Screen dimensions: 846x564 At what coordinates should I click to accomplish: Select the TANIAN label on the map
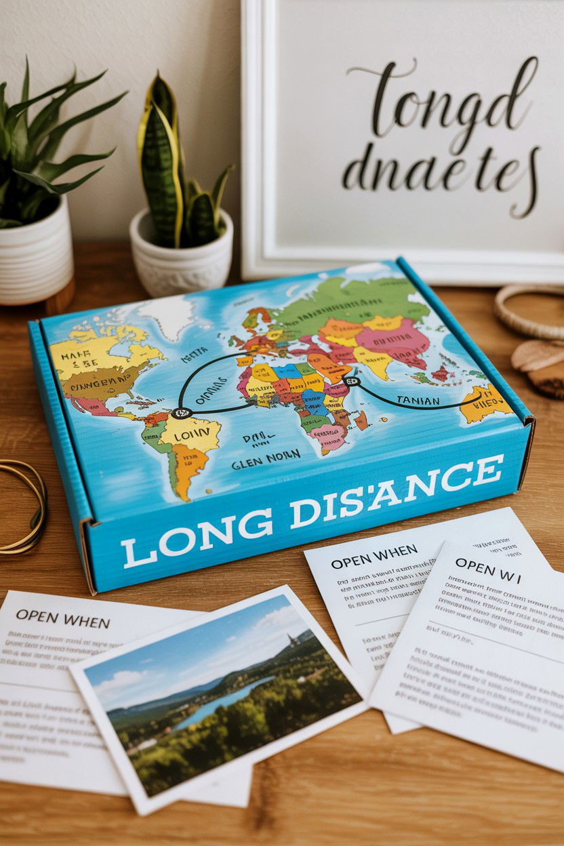418,400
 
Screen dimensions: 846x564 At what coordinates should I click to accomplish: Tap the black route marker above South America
182,412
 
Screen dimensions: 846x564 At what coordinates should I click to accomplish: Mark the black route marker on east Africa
350,382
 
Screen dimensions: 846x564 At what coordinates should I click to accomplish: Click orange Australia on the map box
484,403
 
